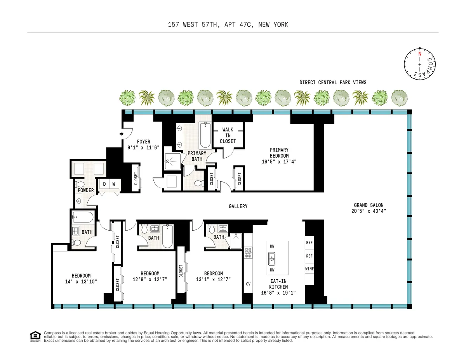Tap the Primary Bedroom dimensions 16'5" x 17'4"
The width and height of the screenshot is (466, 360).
point(280,162)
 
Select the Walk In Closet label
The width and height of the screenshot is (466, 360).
point(228,135)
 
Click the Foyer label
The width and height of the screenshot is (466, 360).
point(143,142)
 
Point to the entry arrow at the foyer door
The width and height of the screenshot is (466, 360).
point(122,134)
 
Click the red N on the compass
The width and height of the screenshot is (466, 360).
point(419,54)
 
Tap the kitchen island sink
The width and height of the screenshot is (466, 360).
point(272,256)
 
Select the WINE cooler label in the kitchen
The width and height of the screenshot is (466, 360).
point(310,269)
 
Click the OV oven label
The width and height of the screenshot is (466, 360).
point(248,284)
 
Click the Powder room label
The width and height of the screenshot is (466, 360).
point(86,190)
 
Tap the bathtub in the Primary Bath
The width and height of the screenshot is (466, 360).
point(205,135)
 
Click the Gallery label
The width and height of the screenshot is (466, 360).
point(238,206)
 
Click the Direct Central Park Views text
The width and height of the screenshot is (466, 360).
point(333,82)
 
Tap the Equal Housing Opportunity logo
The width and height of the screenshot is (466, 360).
point(35,336)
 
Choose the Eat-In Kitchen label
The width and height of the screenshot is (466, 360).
point(278,284)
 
